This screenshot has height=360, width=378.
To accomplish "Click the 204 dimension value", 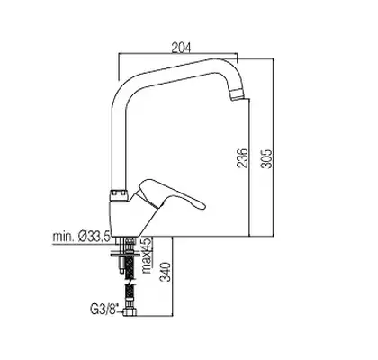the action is [181, 48].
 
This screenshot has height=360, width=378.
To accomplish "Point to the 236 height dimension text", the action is [242, 157].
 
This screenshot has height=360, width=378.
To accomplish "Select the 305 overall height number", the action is [265, 158].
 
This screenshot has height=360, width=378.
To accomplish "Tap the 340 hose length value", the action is [166, 272].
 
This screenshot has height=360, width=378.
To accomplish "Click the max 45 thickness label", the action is [147, 256].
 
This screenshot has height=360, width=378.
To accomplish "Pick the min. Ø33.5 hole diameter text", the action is [81, 237].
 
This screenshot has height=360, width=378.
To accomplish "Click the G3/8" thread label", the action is [104, 309].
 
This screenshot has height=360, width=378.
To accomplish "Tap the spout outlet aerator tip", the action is [237, 94].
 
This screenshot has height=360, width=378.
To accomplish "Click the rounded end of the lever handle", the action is [201, 205].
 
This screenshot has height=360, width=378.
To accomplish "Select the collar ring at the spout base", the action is [121, 195].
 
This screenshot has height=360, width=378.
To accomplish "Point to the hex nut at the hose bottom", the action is [130, 311].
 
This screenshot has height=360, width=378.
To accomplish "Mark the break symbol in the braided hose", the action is [130, 283].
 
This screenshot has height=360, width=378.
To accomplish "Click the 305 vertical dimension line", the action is [274, 148].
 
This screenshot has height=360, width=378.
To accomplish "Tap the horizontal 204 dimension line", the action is [178, 54].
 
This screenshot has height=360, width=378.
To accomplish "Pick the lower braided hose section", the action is [130, 296].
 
